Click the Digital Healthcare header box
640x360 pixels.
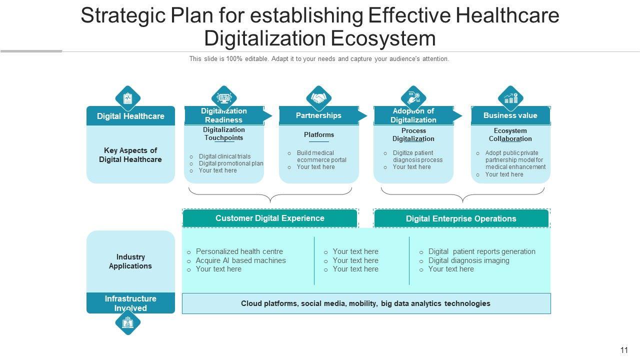(130, 116)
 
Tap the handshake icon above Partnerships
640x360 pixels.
(318, 98)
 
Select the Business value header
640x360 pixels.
(510, 115)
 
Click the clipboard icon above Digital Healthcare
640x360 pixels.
(128, 98)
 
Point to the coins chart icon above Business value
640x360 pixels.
(510, 98)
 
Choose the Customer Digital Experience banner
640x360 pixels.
(269, 218)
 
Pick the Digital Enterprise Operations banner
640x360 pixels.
(460, 218)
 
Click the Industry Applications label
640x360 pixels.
(130, 261)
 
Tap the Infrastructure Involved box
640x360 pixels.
(130, 303)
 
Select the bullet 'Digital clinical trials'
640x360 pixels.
(224, 156)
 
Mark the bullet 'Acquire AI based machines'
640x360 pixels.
(240, 260)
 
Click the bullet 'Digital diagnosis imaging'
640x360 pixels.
(468, 260)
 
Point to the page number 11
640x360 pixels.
(624, 350)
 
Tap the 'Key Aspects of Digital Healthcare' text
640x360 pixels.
(130, 155)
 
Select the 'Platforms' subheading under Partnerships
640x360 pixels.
(319, 135)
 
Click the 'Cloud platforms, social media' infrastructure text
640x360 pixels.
(365, 303)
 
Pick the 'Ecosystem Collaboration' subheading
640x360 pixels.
(510, 135)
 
